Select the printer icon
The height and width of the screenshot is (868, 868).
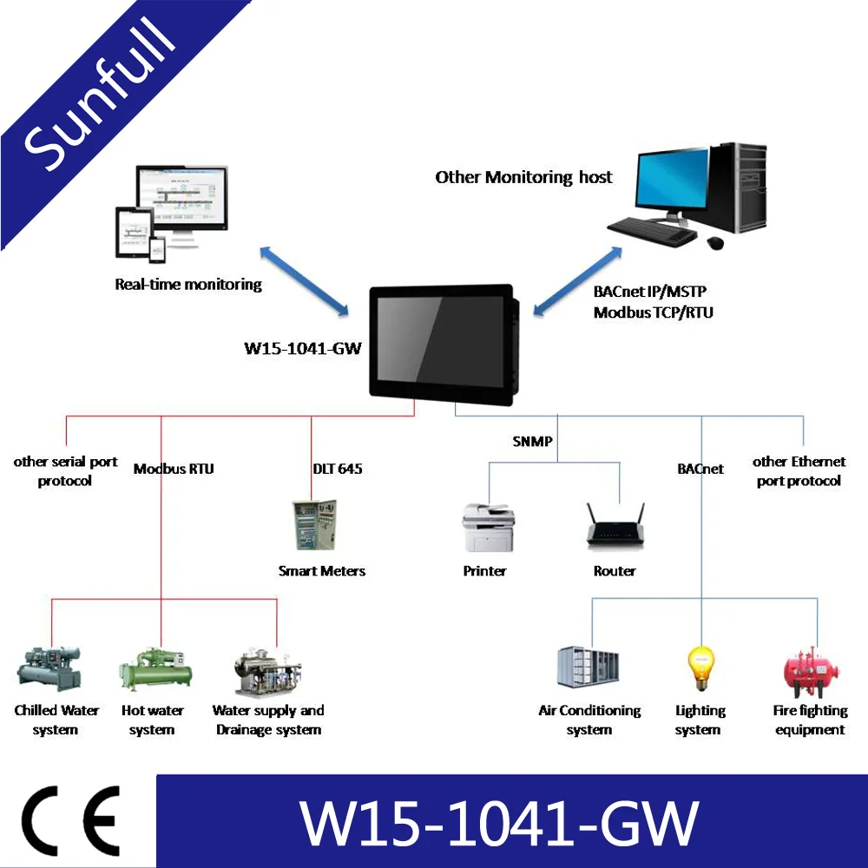pos(488,527)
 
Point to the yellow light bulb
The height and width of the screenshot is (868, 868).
pos(700,667)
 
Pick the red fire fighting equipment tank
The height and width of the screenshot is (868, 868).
pos(810,669)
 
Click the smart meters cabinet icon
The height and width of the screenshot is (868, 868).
pos(316,524)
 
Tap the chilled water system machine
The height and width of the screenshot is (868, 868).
pos(50,668)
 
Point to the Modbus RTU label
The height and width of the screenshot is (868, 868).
pos(174,469)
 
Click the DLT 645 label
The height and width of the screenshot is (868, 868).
pos(337,469)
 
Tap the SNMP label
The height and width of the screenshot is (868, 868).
pos(532,442)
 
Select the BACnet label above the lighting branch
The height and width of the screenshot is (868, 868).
pos(700,469)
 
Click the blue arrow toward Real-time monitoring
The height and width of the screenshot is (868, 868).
pos(304,279)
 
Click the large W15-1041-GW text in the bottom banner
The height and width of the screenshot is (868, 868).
pos(499,822)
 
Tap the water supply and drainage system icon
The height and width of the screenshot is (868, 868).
pos(267,671)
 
